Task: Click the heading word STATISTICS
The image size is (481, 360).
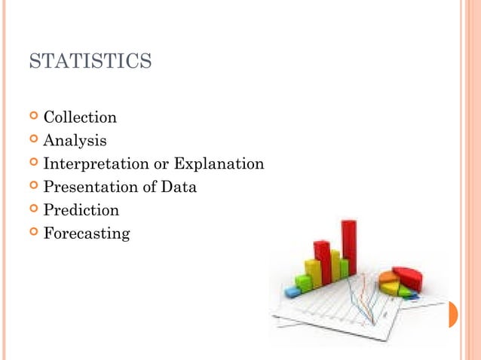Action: point(90,61)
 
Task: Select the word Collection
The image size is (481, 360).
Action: point(80,117)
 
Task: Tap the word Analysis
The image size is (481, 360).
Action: point(75,141)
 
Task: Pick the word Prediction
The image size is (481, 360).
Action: point(81,210)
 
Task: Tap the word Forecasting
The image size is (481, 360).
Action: point(86,233)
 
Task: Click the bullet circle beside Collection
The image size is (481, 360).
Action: point(33,117)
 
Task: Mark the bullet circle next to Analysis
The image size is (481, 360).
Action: point(33,141)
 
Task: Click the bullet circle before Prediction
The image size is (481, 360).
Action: point(33,210)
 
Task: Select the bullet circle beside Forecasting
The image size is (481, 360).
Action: point(33,233)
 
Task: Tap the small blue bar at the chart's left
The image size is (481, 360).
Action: point(293,291)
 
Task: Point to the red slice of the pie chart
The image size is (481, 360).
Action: point(408,277)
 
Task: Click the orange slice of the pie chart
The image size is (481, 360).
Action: point(388,277)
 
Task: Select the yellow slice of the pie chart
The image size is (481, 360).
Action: point(390,288)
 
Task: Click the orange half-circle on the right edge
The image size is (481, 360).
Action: point(453,314)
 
